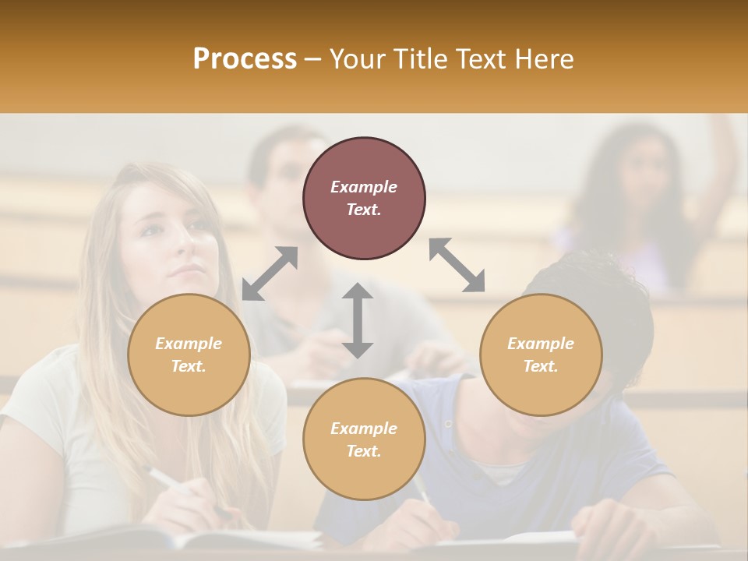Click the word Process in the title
[245, 59]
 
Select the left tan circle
[189, 355]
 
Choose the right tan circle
[541, 355]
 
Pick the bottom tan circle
[364, 439]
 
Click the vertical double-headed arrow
[358, 320]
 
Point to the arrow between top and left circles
[270, 273]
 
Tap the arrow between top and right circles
[457, 265]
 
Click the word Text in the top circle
[364, 210]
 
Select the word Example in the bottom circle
[364, 429]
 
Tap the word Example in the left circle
[189, 344]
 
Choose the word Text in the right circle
[541, 366]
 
